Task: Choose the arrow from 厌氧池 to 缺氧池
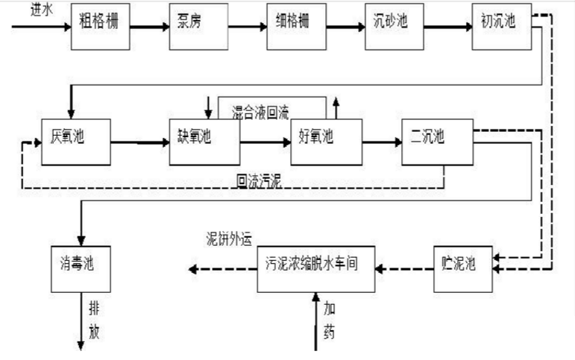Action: click(x=139, y=142)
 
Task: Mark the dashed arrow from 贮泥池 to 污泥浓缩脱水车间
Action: click(x=403, y=268)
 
